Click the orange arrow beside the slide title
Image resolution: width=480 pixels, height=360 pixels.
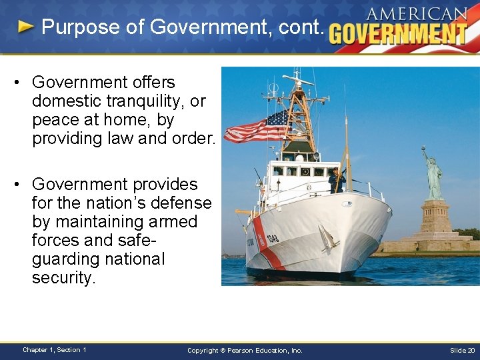pyautogui.click(x=25, y=27)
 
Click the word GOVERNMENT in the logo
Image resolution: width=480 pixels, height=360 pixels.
pyautogui.click(x=398, y=33)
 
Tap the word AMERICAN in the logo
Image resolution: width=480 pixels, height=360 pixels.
pyautogui.click(x=417, y=13)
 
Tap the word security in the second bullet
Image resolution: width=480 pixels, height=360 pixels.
pyautogui.click(x=64, y=277)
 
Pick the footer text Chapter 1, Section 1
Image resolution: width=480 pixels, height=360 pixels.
pyautogui.click(x=54, y=350)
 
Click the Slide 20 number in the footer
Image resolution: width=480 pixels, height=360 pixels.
pyautogui.click(x=462, y=350)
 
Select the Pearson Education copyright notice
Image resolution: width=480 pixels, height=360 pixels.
pyautogui.click(x=245, y=350)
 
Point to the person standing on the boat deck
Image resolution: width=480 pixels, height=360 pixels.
pyautogui.click(x=335, y=180)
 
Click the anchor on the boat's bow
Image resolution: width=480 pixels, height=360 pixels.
pyautogui.click(x=327, y=237)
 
